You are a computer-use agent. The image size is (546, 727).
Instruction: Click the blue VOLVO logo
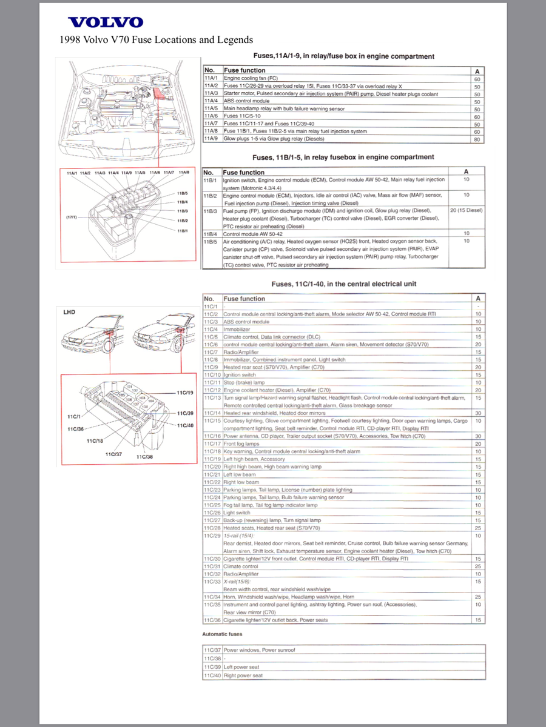(x=106, y=23)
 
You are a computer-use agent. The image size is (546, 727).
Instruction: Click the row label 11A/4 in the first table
(x=211, y=101)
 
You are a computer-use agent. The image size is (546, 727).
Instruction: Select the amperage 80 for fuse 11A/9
(x=477, y=139)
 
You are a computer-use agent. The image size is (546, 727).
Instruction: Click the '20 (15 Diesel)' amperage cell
(x=466, y=210)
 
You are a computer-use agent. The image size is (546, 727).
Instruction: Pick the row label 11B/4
(x=211, y=233)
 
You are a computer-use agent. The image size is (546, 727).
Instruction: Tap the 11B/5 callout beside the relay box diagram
(x=182, y=193)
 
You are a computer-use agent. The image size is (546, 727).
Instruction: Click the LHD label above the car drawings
(x=70, y=313)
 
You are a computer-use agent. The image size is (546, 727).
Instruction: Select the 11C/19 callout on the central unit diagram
(x=184, y=393)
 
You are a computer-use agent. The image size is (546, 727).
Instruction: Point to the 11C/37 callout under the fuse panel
(x=113, y=454)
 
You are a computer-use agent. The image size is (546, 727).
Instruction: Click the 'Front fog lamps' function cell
(x=242, y=444)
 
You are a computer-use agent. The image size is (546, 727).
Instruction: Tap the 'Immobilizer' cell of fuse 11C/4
(x=237, y=329)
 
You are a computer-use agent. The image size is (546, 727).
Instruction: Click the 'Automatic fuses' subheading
(x=223, y=634)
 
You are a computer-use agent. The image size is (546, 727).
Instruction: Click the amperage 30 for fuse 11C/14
(x=477, y=413)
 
